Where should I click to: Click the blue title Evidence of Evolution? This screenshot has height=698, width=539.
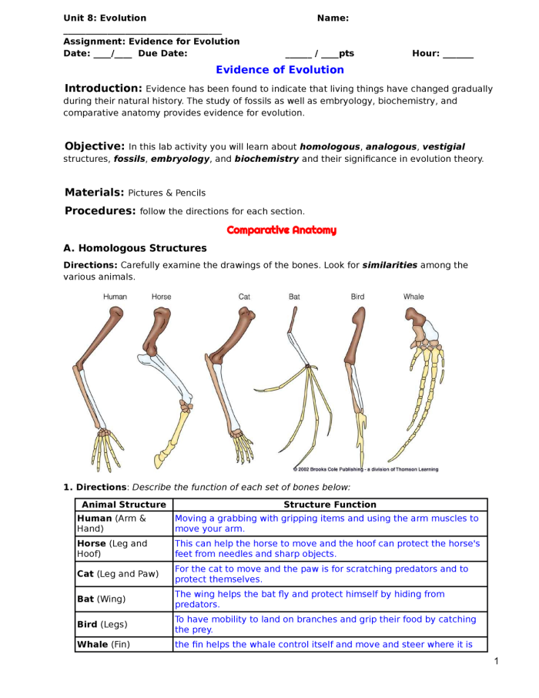point(280,70)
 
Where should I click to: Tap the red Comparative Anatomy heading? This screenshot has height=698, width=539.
point(281,230)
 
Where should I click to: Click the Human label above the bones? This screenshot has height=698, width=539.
point(115,297)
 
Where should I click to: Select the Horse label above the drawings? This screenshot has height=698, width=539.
point(162,297)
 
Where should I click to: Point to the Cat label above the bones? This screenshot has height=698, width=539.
point(244,297)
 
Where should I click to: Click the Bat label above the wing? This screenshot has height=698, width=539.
point(294,297)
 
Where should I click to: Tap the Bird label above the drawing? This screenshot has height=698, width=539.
point(357,297)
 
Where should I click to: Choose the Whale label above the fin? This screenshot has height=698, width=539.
point(413,297)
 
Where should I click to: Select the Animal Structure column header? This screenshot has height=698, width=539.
point(124,505)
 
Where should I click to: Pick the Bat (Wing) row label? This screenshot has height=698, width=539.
point(101,599)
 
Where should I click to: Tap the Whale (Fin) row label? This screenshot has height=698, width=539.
point(104,644)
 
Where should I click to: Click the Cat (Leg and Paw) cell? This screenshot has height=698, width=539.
point(118,574)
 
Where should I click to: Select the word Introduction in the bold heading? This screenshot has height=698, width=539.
point(103,89)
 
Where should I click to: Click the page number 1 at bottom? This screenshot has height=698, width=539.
point(497,661)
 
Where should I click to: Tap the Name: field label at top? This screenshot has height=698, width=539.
point(333,18)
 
